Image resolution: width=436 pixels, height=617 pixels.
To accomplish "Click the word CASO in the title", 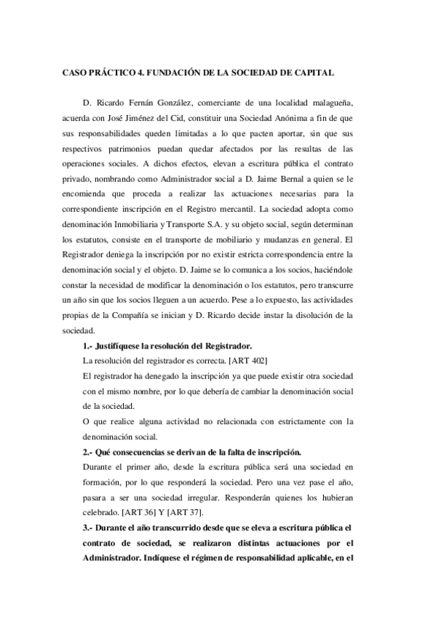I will [74, 73].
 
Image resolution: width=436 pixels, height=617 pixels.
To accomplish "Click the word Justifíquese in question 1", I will [126, 344].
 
